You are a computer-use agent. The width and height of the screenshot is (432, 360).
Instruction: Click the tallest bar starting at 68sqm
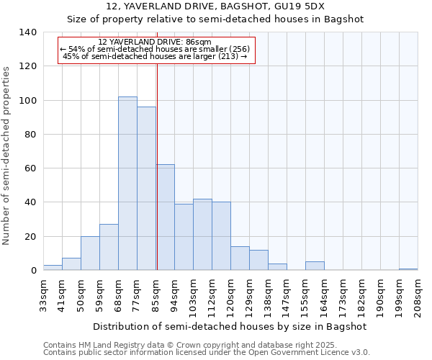(x=127, y=184)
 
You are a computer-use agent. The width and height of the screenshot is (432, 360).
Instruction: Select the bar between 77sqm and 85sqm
(x=146, y=189)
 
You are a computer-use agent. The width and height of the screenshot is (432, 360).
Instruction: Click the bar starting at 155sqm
(x=315, y=266)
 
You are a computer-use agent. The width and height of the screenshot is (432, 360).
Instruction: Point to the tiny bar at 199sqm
(x=408, y=269)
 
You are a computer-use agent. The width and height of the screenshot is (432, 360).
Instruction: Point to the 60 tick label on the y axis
(x=30, y=168)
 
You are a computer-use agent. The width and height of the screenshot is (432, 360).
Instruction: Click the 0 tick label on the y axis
(x=33, y=271)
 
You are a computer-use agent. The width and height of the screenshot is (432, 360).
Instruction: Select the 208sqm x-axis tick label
(x=418, y=297)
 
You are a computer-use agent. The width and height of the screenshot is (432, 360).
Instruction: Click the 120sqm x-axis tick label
(x=230, y=297)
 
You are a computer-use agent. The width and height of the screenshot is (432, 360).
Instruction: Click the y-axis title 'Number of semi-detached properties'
(x=6, y=156)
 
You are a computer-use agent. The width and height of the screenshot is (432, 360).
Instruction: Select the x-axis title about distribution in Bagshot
(x=230, y=326)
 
